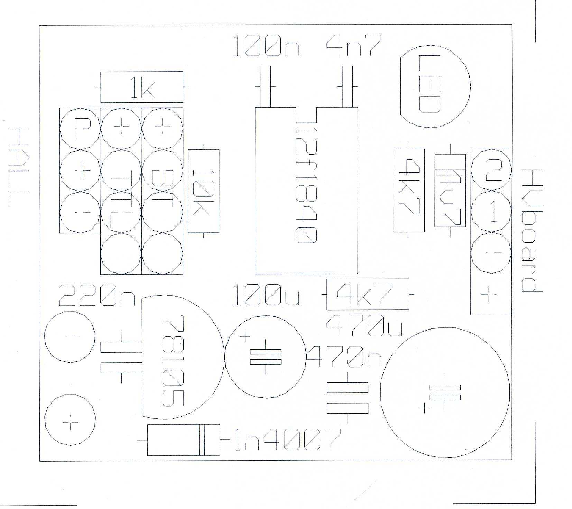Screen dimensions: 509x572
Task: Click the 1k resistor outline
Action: pos(141,87)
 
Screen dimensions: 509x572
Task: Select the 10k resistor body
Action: pos(203,191)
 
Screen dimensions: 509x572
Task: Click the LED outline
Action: pos(435,86)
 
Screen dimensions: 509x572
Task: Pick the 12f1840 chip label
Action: pos(306,185)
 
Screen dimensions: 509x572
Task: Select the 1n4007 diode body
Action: pos(184,440)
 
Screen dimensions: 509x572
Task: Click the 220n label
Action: pos(98,296)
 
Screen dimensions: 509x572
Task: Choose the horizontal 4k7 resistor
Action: pos(368,295)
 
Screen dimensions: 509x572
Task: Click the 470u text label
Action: pos(365,326)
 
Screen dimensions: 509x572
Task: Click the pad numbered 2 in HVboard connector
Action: pos(491,170)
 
